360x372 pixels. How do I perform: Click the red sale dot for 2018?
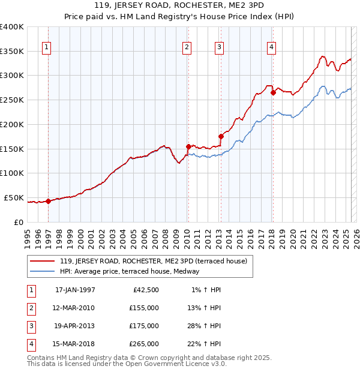click(x=273, y=92)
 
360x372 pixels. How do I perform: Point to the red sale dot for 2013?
click(x=221, y=136)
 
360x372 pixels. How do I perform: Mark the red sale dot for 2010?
click(x=188, y=146)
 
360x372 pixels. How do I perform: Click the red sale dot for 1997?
click(x=49, y=201)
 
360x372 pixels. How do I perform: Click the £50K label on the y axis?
click(x=14, y=197)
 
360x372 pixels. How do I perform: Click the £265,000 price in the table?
click(x=144, y=344)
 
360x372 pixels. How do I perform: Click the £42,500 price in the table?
click(x=146, y=290)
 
